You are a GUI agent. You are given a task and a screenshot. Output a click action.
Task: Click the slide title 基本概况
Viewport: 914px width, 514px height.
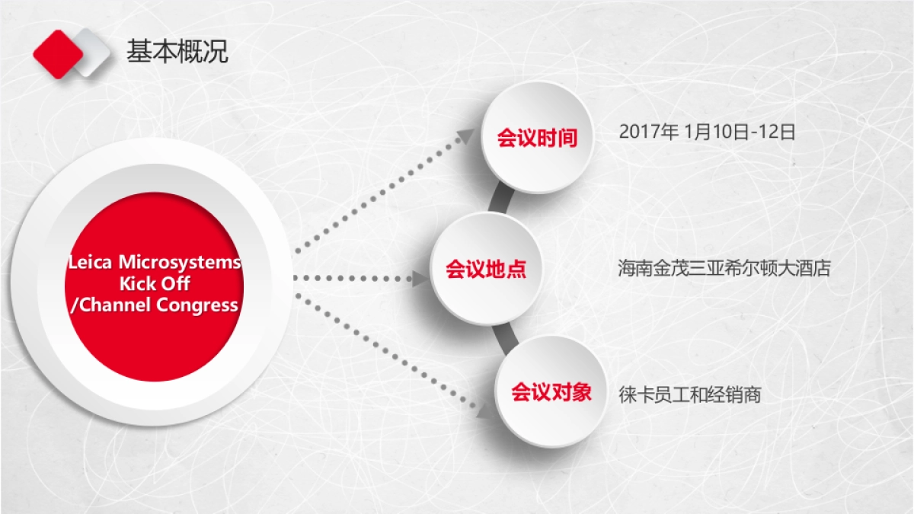[177, 51]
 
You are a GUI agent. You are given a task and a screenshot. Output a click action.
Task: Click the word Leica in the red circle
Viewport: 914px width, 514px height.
[90, 263]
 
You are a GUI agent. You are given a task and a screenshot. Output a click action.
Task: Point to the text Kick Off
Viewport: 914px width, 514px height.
[155, 284]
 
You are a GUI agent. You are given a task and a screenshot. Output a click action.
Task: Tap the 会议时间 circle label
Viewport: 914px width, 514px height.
[537, 138]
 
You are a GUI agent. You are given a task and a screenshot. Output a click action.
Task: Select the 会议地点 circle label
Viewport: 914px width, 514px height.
[486, 269]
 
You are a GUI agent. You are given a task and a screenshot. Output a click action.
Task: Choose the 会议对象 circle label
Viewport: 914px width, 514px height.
[551, 393]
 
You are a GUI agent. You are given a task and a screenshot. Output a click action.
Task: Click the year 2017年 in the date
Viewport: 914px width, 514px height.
[648, 132]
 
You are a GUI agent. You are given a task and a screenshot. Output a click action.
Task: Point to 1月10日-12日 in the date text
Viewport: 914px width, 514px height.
[740, 132]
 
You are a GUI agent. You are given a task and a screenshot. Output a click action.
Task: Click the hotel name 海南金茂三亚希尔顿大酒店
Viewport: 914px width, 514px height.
[724, 269]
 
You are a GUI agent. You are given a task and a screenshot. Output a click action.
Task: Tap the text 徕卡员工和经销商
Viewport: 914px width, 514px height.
[690, 395]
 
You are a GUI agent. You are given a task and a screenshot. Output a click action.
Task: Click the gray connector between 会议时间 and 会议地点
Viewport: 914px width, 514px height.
[499, 199]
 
